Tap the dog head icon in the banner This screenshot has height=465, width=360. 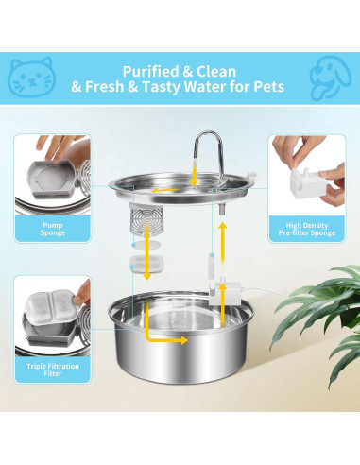(328, 77)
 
